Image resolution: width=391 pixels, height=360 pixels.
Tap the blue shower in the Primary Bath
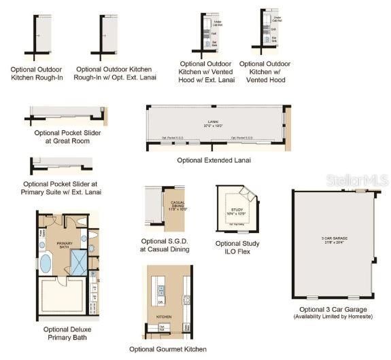click(x=80, y=262)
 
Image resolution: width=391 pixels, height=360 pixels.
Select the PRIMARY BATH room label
click(x=64, y=245)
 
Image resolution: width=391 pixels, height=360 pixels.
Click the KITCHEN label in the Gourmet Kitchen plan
click(x=165, y=317)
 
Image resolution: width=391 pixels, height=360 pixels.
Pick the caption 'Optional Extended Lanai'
click(x=214, y=160)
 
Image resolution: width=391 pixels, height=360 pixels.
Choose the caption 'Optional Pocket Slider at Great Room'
click(x=67, y=137)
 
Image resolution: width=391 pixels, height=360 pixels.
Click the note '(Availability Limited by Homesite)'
click(x=333, y=317)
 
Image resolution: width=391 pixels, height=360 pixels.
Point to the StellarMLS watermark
click(x=356, y=179)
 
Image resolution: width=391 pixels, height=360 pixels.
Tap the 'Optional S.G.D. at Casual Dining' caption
click(x=165, y=245)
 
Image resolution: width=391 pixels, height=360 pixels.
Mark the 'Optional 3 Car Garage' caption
click(x=333, y=309)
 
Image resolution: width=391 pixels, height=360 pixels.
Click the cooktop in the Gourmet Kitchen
click(x=185, y=299)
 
